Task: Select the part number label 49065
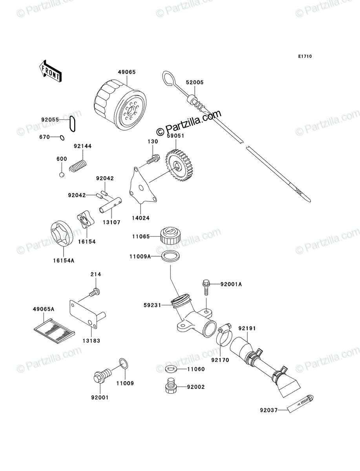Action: [x=127, y=72]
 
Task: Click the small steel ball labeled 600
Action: [x=62, y=175]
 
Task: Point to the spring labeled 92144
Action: [x=78, y=166]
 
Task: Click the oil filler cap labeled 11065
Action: [x=170, y=236]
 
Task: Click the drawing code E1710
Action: [x=305, y=57]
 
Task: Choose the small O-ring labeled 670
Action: [x=62, y=137]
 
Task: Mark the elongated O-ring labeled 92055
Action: [x=72, y=124]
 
